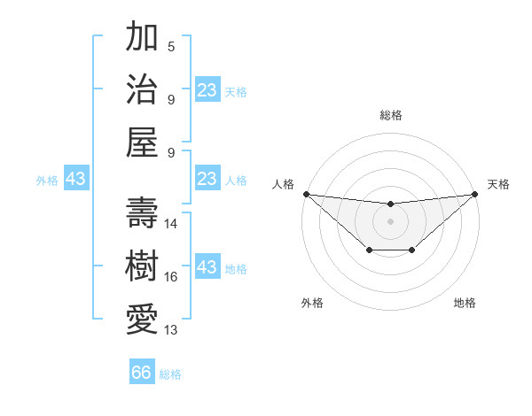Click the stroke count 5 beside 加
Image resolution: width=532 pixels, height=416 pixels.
point(171,47)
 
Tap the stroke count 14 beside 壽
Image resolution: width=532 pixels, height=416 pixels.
point(171,224)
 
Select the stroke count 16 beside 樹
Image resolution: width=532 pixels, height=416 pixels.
point(171,277)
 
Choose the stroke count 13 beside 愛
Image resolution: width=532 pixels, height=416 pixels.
point(171,329)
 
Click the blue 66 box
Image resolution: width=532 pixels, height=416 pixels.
point(142,373)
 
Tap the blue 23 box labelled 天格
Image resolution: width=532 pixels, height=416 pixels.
point(207,90)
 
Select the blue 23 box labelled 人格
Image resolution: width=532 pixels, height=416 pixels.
point(207,179)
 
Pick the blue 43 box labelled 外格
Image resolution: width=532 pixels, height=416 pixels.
point(76,179)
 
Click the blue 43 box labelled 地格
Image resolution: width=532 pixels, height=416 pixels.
point(207,267)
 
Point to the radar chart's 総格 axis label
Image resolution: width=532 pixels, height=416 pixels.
point(390,115)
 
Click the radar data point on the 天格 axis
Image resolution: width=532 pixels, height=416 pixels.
point(475,194)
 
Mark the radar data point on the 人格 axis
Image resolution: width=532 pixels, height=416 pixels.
point(306,194)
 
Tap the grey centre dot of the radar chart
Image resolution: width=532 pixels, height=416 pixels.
point(390,221)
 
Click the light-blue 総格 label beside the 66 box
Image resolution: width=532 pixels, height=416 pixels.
point(170,374)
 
